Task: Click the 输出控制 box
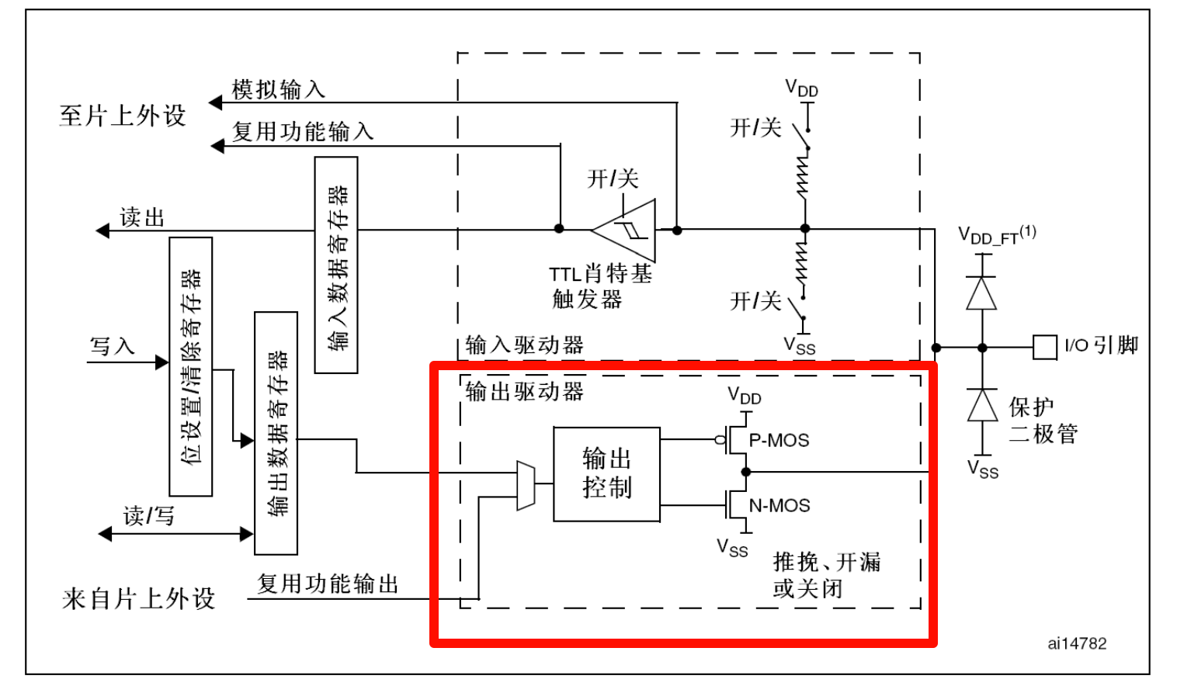point(606,473)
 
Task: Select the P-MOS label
point(779,440)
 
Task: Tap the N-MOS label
point(779,506)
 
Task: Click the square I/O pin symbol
point(1044,347)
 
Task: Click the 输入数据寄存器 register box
point(336,265)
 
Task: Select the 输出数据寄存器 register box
point(276,433)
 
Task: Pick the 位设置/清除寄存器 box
point(190,366)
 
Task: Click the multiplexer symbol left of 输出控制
point(526,486)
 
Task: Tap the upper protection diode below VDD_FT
point(981,293)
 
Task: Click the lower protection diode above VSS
point(982,405)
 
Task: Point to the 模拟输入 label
point(278,90)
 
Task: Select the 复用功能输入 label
point(303,131)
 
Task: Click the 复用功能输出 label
point(328,584)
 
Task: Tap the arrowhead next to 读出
point(102,230)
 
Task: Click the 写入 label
point(113,346)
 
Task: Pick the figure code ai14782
point(1077,643)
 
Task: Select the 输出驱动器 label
point(524,391)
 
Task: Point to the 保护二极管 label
point(1043,420)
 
